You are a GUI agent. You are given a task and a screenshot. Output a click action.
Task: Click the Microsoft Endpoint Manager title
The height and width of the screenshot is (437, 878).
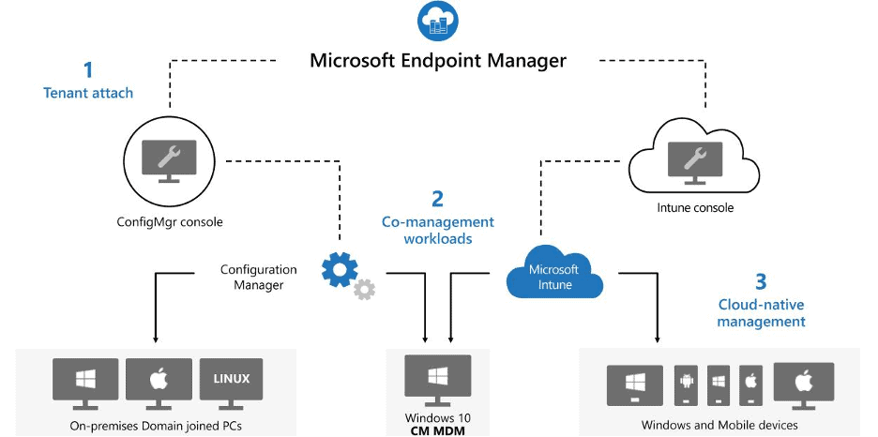click(x=438, y=61)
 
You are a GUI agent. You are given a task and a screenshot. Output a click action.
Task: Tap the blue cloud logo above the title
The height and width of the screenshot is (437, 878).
click(x=437, y=21)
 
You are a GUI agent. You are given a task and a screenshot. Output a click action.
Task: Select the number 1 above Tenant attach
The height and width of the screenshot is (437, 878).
click(x=88, y=69)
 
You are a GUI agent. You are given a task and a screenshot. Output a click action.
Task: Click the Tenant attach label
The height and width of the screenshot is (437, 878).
click(x=88, y=93)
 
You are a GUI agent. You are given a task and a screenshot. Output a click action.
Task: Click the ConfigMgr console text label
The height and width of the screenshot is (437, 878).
click(x=169, y=222)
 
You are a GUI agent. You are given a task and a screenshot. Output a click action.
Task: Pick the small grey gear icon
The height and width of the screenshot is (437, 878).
click(x=364, y=290)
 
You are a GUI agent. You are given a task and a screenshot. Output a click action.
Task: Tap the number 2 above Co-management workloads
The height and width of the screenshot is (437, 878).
click(x=437, y=199)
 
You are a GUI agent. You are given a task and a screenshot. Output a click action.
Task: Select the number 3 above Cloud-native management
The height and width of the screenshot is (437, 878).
click(x=761, y=281)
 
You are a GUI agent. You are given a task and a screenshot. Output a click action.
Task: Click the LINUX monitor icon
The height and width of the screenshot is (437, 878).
click(x=231, y=384)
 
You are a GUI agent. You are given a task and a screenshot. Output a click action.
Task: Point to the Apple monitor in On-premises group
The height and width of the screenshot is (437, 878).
click(x=157, y=384)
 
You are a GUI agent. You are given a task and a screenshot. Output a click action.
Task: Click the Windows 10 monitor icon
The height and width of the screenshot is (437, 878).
click(x=438, y=379)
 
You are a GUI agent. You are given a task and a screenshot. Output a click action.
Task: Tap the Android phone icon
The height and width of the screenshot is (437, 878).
click(x=687, y=385)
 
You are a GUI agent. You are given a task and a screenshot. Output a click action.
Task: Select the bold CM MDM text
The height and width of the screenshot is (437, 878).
click(x=438, y=430)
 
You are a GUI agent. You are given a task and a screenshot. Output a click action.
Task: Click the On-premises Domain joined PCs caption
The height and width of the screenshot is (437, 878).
click(x=157, y=425)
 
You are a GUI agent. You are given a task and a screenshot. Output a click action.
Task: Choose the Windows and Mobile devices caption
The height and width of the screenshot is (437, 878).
click(x=719, y=425)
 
